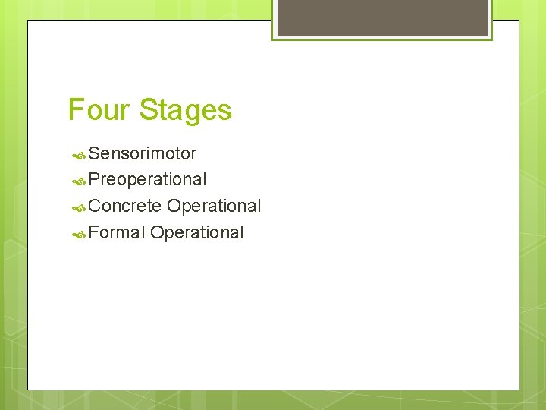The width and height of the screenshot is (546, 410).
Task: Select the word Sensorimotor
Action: click(x=143, y=153)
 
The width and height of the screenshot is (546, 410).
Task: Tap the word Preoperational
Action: click(x=147, y=180)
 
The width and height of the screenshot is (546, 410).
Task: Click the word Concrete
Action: click(x=125, y=206)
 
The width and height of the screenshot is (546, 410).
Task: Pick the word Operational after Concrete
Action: click(x=214, y=206)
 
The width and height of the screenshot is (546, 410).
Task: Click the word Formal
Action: click(x=116, y=232)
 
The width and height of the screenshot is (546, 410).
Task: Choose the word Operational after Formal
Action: click(x=197, y=232)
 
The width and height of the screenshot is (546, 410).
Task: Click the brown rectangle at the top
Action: click(x=382, y=17)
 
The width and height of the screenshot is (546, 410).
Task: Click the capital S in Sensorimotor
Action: click(x=94, y=153)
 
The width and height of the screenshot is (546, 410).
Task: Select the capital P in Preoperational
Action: click(x=94, y=180)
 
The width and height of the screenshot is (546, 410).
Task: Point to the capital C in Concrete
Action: click(x=95, y=206)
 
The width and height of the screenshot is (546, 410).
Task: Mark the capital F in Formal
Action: click(x=93, y=232)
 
